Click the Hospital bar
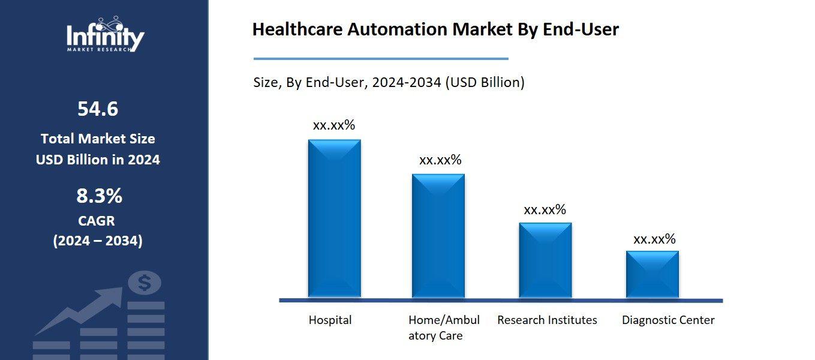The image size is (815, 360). click(x=334, y=219)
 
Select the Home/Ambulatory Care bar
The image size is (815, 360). click(x=438, y=236)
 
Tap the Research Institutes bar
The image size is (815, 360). click(x=545, y=260)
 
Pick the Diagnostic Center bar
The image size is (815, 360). click(x=652, y=274)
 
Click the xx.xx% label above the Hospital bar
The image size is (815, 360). click(x=334, y=125)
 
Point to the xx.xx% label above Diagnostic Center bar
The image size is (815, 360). click(x=654, y=239)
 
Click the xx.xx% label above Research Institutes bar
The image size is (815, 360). click(x=545, y=210)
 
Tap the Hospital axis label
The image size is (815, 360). click(x=330, y=320)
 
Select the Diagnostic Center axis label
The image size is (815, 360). click(x=668, y=320)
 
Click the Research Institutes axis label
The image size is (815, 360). click(x=547, y=320)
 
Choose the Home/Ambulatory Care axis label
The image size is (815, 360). click(x=444, y=328)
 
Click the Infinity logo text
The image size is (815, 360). click(x=104, y=36)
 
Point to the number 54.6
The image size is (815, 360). click(x=98, y=109)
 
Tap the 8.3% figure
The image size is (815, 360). click(x=99, y=196)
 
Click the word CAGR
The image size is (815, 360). click(x=97, y=221)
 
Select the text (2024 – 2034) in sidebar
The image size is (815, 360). click(x=98, y=241)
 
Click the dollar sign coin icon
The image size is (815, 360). click(x=145, y=283)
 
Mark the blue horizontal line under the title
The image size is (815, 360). click(x=380, y=59)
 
